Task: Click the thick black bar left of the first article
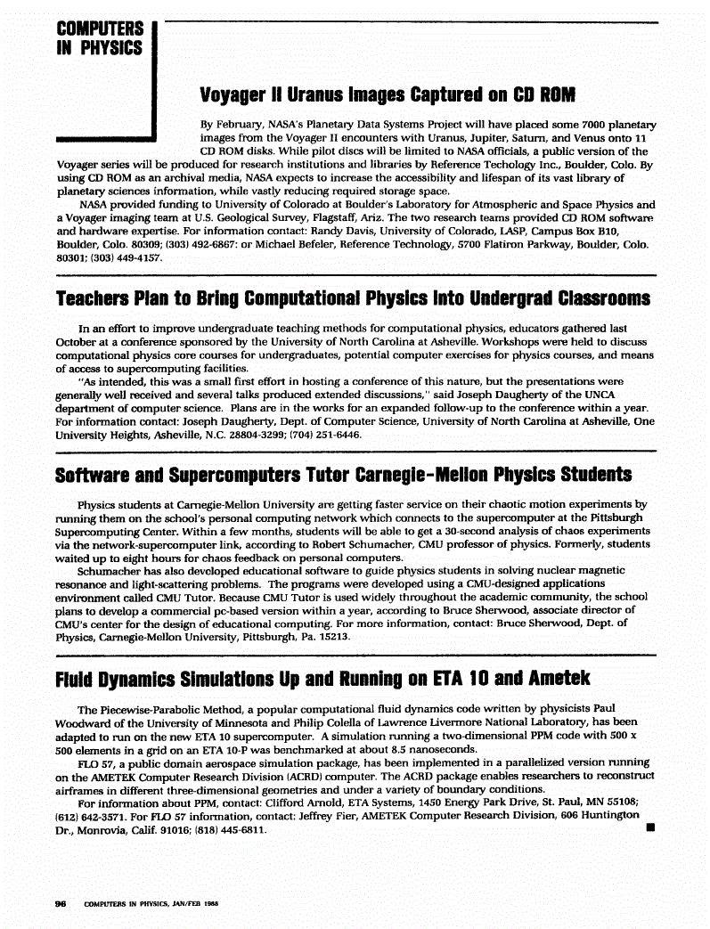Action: (x=106, y=139)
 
